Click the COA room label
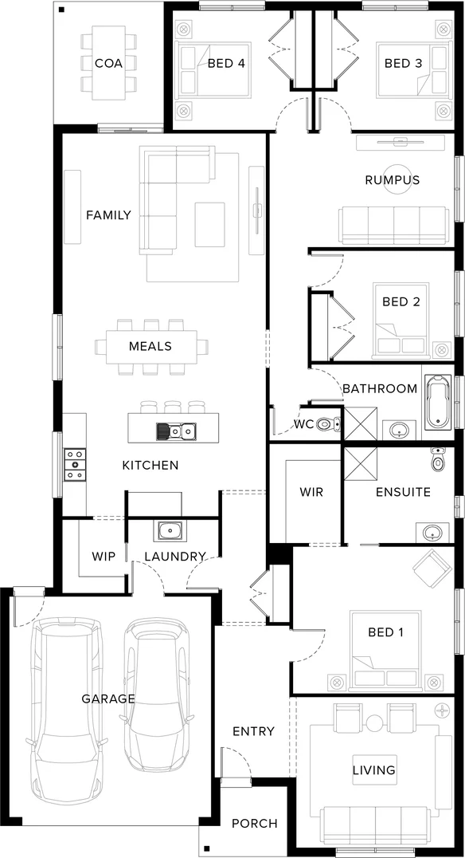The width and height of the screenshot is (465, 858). click(108, 63)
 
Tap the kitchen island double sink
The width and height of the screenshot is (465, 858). click(176, 431)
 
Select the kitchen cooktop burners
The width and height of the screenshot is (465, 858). click(75, 464)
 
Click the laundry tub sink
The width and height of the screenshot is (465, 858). click(170, 530)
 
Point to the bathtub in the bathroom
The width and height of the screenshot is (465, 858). click(437, 403)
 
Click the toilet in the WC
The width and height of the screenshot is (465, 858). click(326, 424)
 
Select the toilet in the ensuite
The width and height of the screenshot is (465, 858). click(437, 460)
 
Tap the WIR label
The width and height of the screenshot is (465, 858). click(311, 492)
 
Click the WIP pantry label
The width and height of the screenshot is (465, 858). click(104, 556)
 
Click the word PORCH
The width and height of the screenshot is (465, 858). click(255, 823)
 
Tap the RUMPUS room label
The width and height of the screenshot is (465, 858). click(392, 179)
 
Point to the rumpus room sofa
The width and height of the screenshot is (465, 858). click(393, 225)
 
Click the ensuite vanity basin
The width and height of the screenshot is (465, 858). click(431, 533)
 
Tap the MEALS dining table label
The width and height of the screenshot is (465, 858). click(150, 346)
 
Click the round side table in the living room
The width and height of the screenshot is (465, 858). click(374, 723)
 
